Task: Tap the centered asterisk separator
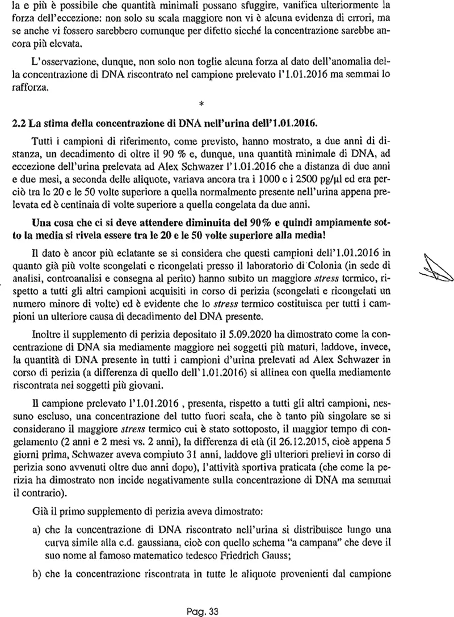point(201,104)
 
